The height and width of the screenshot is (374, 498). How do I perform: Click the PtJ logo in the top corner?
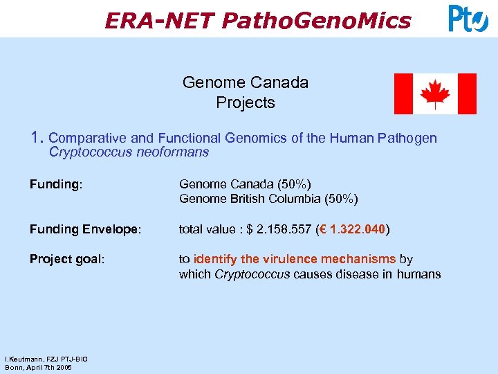point(468,19)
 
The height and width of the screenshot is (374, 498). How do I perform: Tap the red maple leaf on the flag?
point(435,94)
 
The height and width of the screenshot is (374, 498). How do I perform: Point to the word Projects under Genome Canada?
point(246,103)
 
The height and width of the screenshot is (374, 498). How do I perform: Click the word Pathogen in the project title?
point(407,138)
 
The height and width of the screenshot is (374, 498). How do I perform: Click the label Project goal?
point(67,259)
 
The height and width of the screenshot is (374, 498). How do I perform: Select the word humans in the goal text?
point(418,274)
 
